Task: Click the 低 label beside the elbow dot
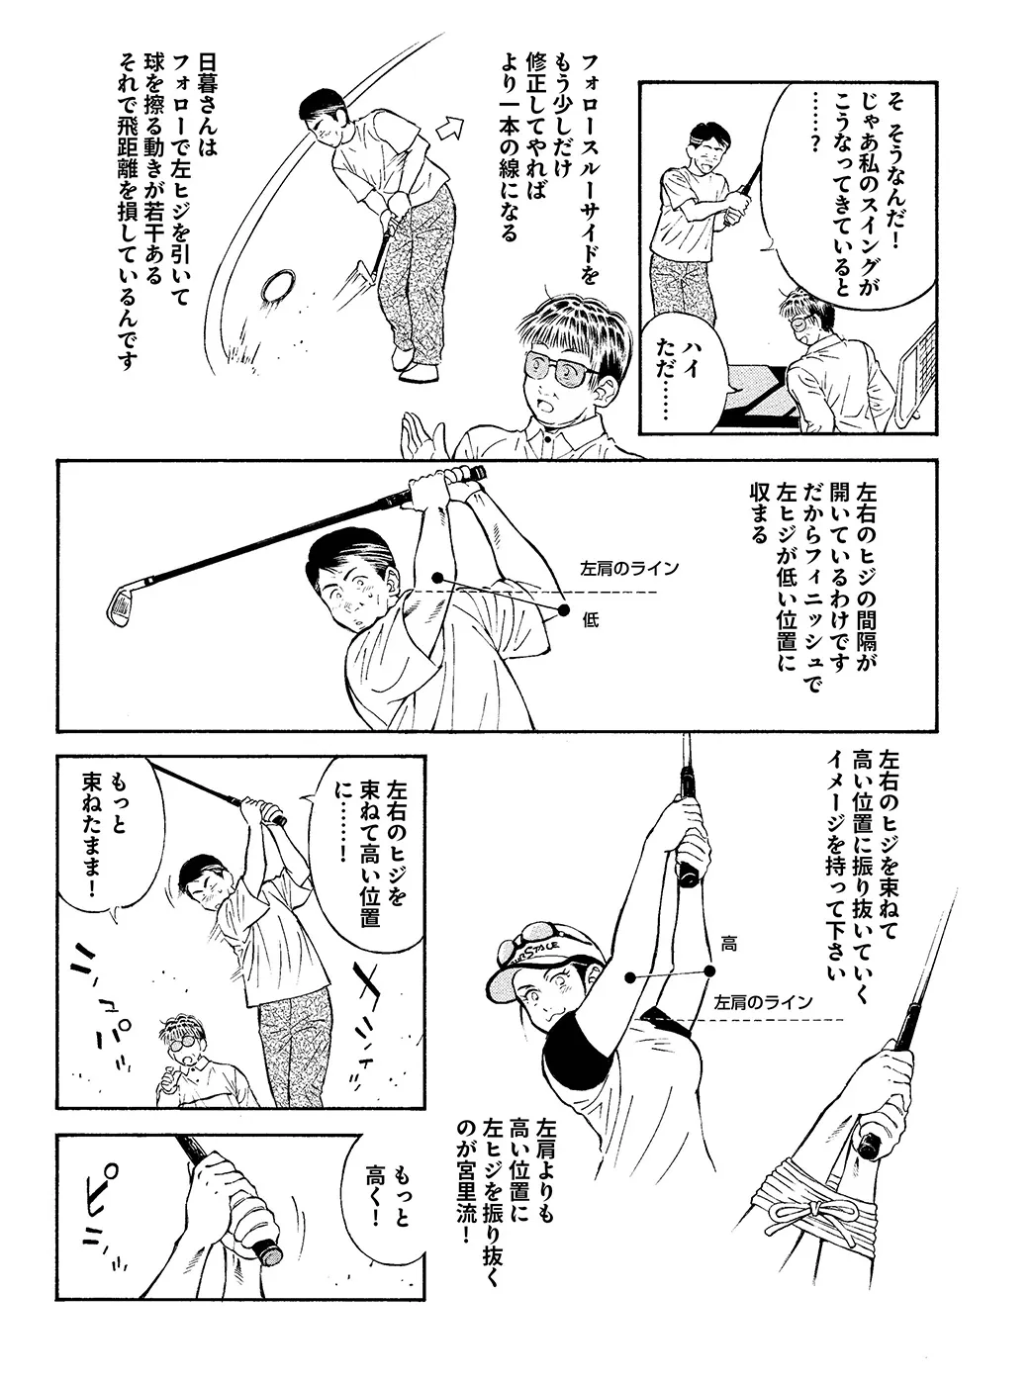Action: point(591,620)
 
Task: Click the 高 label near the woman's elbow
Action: point(728,944)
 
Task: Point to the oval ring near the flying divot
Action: point(277,286)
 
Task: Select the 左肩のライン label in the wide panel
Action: point(629,569)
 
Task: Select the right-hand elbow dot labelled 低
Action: point(564,610)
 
